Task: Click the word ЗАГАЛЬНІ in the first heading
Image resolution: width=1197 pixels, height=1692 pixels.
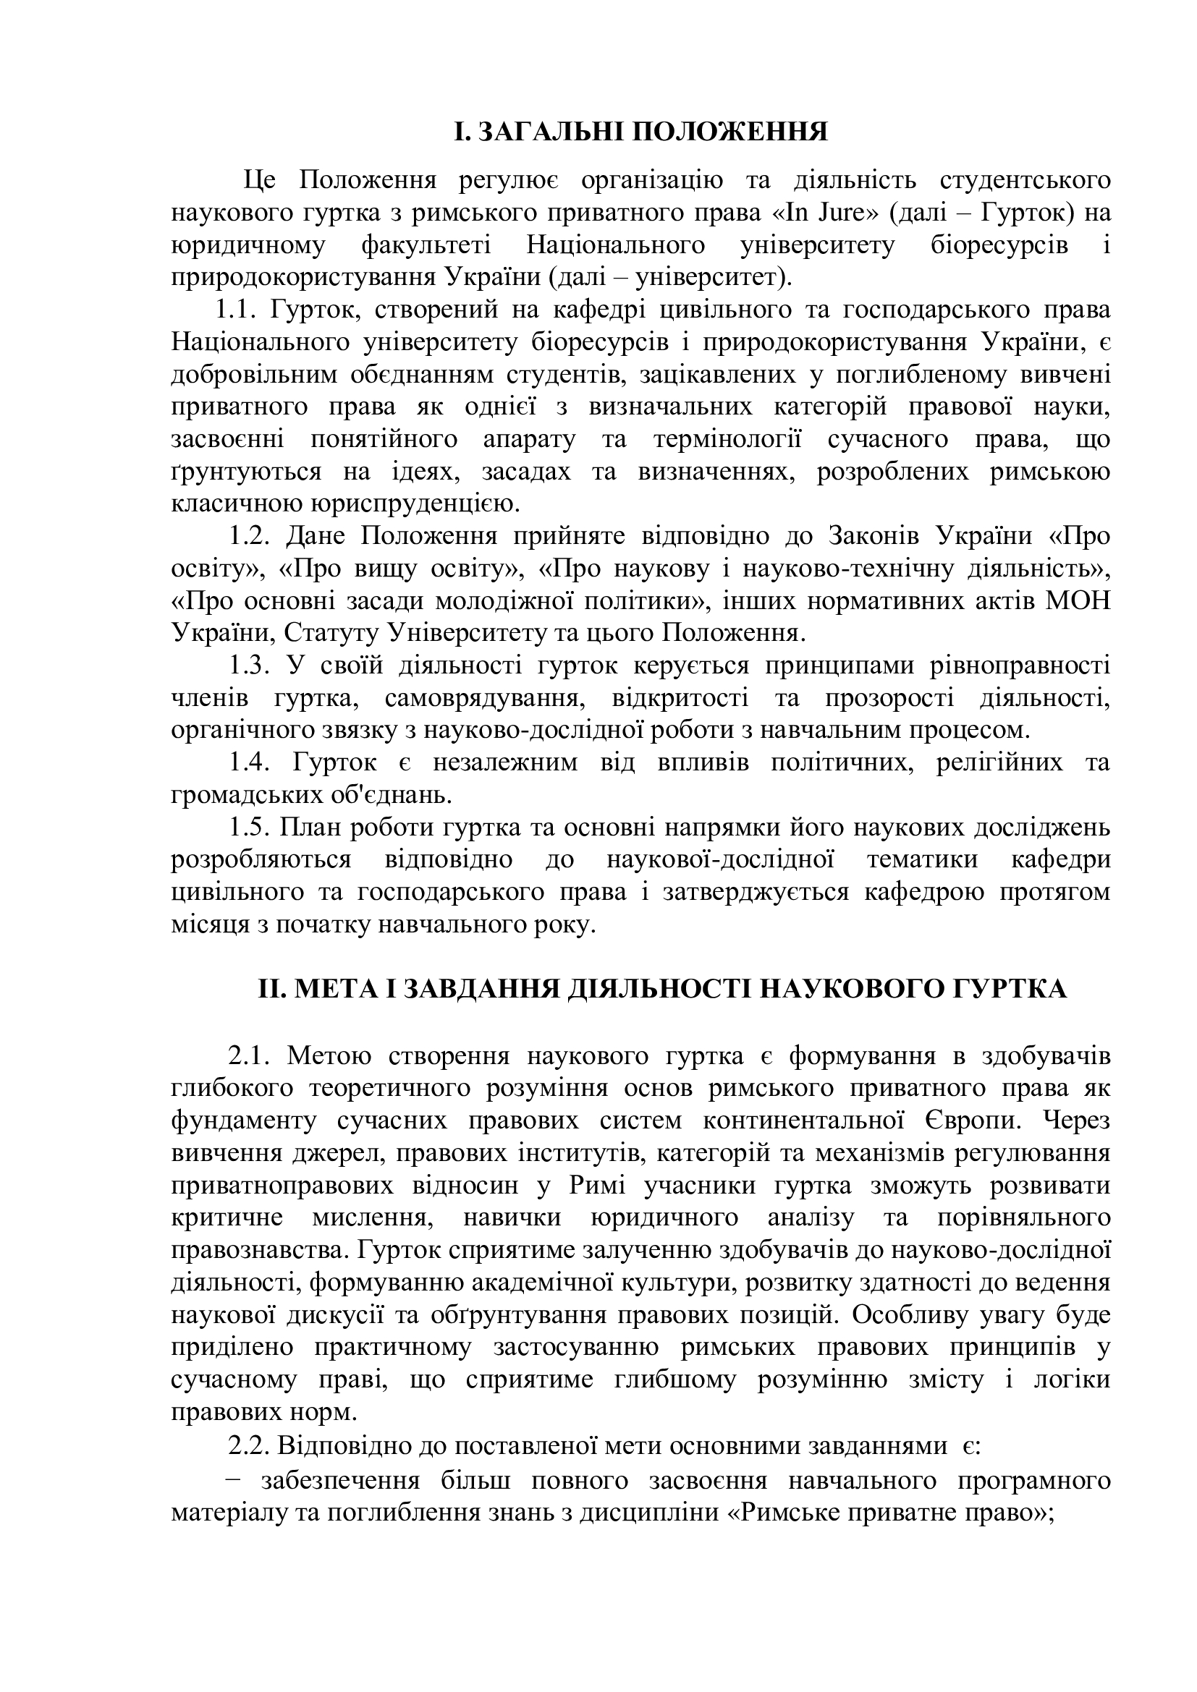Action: pyautogui.click(x=548, y=132)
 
